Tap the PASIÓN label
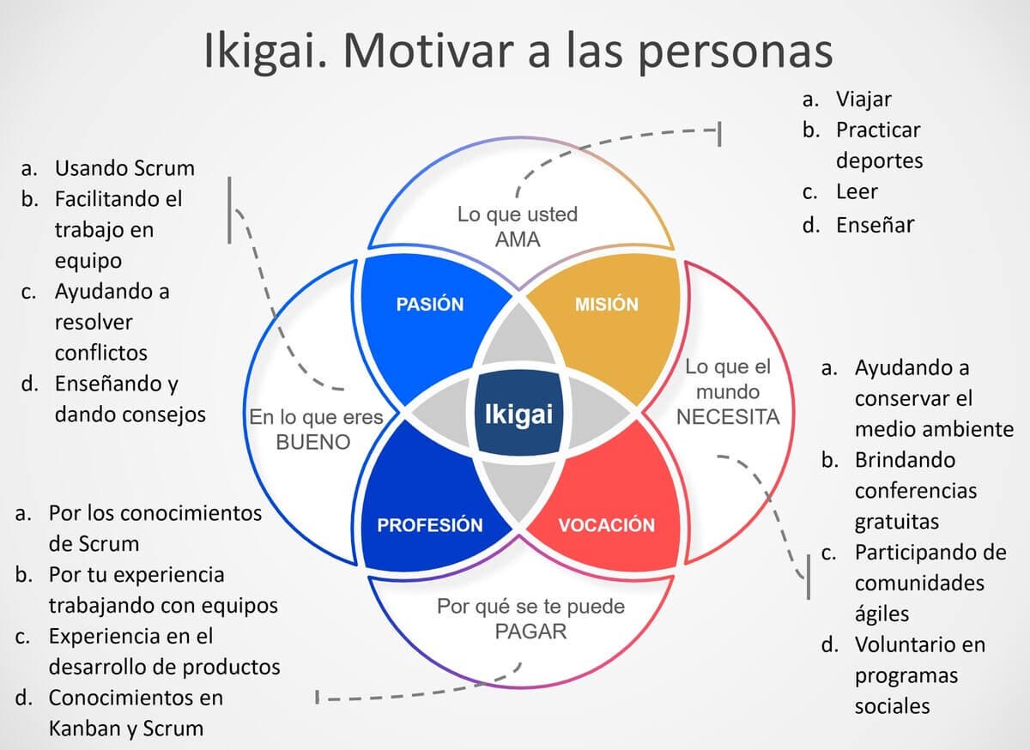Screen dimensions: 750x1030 [429, 304]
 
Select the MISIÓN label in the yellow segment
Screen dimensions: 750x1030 [607, 304]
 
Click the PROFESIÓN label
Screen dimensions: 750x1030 [430, 525]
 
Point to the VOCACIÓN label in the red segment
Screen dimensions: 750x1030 [607, 525]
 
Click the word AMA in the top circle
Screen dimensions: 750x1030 [518, 239]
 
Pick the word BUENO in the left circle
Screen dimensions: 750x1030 [312, 443]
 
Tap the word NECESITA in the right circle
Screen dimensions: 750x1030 [728, 417]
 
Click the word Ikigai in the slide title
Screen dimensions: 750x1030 [263, 51]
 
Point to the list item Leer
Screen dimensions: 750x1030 [857, 192]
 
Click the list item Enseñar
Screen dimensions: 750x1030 [875, 225]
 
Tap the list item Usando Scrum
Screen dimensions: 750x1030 [124, 167]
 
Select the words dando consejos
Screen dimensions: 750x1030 [130, 414]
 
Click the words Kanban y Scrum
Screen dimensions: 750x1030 [126, 729]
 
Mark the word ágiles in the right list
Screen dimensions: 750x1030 [882, 614]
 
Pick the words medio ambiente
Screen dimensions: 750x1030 [934, 428]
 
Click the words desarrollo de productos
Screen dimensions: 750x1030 [165, 666]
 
